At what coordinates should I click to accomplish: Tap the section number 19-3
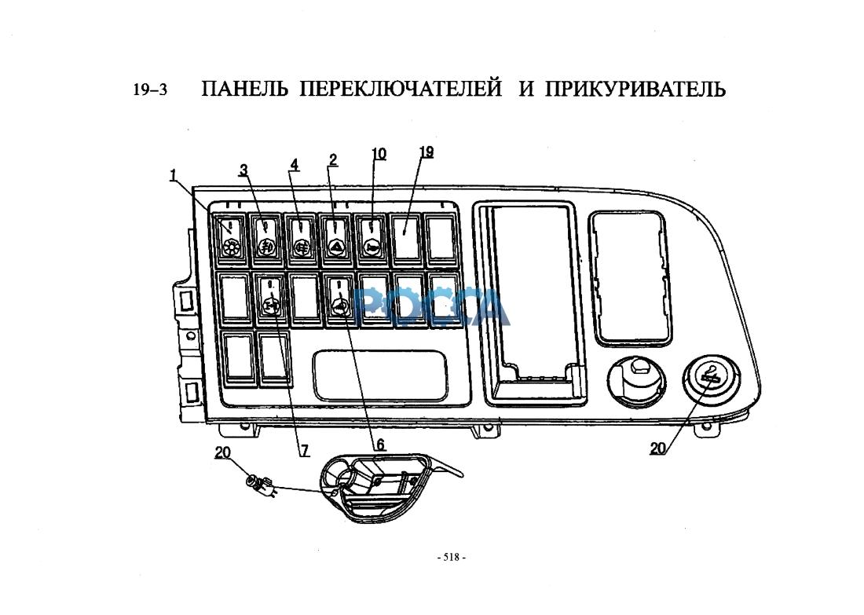point(150,90)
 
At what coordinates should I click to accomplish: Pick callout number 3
point(244,169)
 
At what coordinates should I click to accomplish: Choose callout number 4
point(295,164)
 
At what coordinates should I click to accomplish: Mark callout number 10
point(379,154)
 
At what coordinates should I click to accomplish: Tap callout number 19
point(427,152)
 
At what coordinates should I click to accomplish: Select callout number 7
point(304,451)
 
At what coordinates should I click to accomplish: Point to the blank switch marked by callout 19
point(405,236)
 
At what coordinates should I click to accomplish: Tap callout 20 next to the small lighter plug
point(223,452)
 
